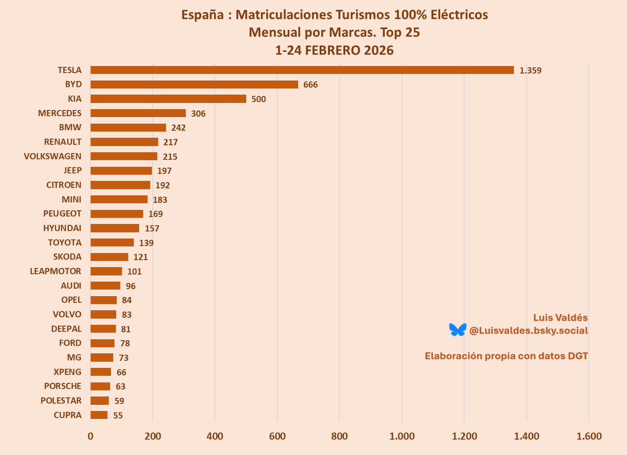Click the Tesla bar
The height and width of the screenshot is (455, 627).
[x=302, y=70]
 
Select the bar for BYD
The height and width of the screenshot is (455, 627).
[x=194, y=84]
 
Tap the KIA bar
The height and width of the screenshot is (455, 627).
[x=168, y=99]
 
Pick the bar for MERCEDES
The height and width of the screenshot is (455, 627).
[x=138, y=113]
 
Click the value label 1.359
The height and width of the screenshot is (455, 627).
[x=530, y=70]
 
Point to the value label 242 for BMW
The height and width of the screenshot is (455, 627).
[x=178, y=128]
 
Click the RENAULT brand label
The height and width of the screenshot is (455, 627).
[x=63, y=142]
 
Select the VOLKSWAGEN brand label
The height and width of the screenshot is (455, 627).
[x=52, y=156]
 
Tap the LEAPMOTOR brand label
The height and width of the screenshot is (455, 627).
[x=55, y=271]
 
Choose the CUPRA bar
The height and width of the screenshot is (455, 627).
[x=99, y=415]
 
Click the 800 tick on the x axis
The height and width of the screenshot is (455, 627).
[x=339, y=436]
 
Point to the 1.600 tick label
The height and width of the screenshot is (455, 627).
[x=589, y=436]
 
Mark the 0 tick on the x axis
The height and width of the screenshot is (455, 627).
[x=90, y=436]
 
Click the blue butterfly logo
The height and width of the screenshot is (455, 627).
[x=457, y=330]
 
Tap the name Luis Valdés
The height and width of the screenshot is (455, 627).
[x=560, y=318]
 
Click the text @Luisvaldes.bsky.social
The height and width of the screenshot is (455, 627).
[x=528, y=330]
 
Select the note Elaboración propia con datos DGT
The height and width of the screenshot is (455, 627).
[x=506, y=356]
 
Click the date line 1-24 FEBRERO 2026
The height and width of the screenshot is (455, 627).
[x=334, y=50]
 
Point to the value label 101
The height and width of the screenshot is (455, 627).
[x=134, y=272]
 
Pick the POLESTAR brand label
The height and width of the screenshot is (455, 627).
[x=61, y=400]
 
